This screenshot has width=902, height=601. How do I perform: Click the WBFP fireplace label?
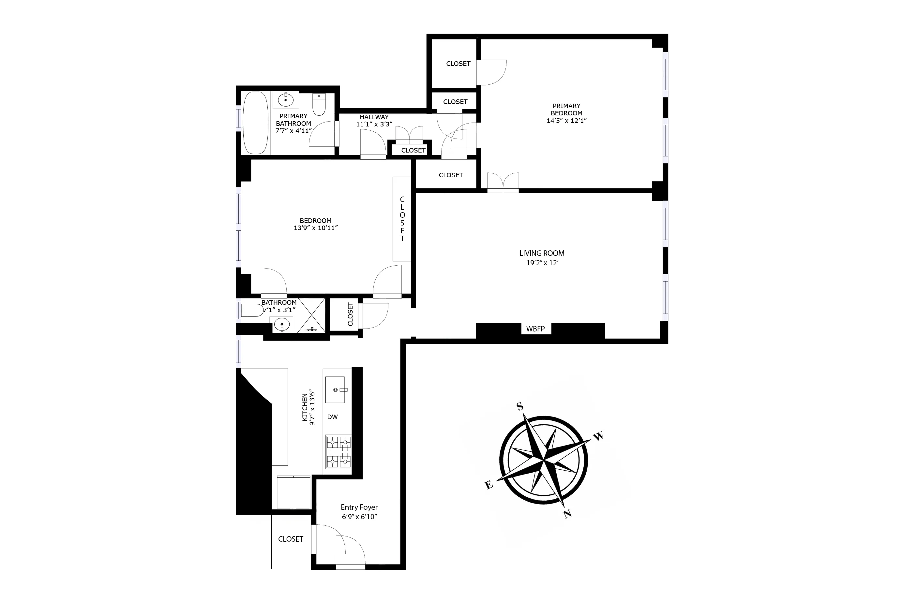535,329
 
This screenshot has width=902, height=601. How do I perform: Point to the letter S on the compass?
520,406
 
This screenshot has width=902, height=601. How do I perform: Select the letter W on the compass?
598,436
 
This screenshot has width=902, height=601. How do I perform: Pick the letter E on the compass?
489,485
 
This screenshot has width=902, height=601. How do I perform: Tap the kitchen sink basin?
335,390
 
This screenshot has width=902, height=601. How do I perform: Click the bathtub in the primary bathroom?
256,123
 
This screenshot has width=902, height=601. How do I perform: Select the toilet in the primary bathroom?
319,104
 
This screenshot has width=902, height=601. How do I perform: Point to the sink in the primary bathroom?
286,100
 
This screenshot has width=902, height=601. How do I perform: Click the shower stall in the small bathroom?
311,315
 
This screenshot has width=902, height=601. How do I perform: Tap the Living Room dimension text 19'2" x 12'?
542,263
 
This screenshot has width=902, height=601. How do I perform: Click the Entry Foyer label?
359,507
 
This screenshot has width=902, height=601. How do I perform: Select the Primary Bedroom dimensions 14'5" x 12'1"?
566,120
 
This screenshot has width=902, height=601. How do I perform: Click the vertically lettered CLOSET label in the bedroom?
402,219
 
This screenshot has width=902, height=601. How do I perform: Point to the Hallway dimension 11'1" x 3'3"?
374,124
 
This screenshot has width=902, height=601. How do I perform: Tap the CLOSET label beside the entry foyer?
290,539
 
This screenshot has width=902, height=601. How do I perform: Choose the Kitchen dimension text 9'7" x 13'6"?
312,408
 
